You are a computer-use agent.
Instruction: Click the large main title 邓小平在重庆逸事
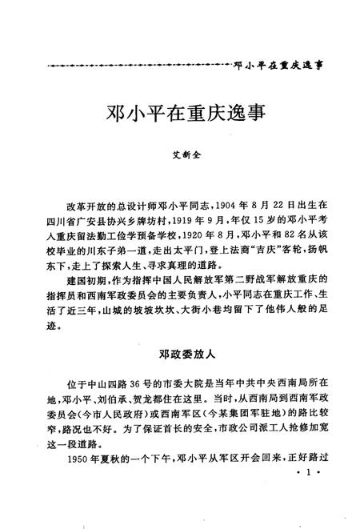click(180, 113)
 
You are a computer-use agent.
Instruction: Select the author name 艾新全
click(181, 159)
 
